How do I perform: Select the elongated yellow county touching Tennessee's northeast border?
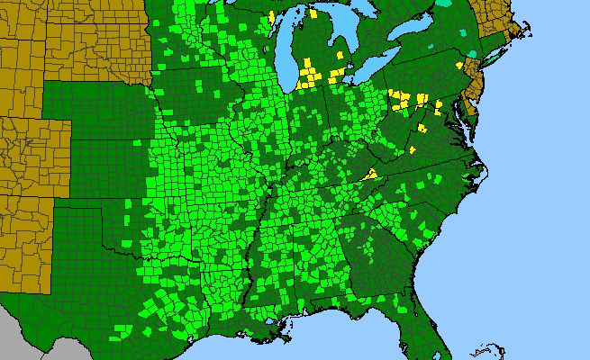(x=368, y=175)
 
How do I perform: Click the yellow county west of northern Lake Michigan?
(x=271, y=17)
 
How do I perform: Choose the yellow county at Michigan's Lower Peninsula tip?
(x=313, y=13)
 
